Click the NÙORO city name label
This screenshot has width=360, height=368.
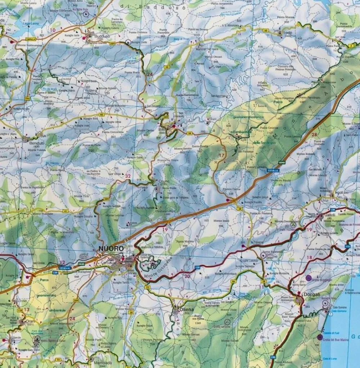[111, 248]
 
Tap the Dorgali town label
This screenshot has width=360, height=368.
[305, 294]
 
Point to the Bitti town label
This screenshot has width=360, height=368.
[162, 129]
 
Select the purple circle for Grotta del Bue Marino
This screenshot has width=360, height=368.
[320, 337]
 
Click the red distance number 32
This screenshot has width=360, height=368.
[128, 176]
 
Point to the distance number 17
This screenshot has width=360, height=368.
[222, 156]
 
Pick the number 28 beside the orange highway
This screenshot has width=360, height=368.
[314, 135]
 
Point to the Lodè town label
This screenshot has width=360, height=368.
[287, 32]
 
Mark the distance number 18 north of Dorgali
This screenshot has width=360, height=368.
[310, 257]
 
